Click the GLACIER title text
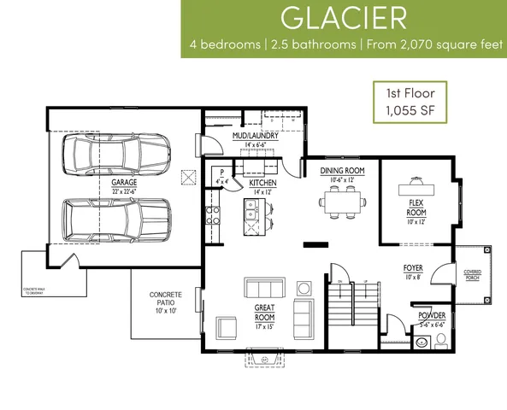[x=344, y=19]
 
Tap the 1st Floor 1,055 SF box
[x=405, y=102]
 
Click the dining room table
[x=342, y=202]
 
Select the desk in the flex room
[x=416, y=186]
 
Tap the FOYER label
[x=413, y=272]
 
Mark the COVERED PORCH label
[x=472, y=275]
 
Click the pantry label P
[x=221, y=173]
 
